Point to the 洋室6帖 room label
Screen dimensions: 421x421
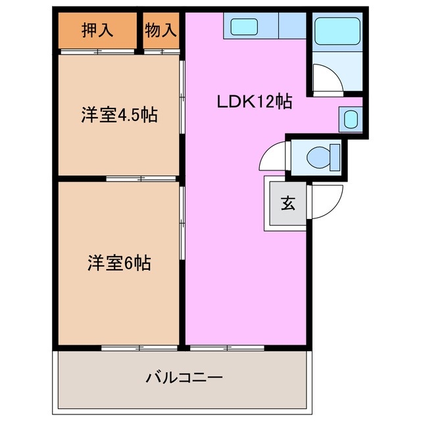[119, 263]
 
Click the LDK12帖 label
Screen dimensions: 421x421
[255, 102]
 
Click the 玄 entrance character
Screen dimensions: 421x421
[287, 203]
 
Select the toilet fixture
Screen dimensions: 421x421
[323, 157]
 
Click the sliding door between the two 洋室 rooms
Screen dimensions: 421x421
[141, 178]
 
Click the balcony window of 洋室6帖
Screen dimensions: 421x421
[139, 346]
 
